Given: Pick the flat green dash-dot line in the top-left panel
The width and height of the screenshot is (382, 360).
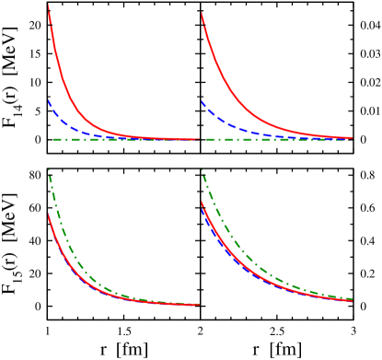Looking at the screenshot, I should (120, 139).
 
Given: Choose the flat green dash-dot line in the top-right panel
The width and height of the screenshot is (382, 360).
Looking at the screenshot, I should (276, 139).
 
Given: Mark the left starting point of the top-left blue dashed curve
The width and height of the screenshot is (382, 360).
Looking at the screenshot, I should (48, 99).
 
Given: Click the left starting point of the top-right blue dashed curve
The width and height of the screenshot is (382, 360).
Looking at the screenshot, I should (201, 100).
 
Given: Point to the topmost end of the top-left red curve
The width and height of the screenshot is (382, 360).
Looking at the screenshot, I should (48, 5).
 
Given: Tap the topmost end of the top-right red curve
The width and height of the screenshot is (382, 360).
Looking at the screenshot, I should (201, 12).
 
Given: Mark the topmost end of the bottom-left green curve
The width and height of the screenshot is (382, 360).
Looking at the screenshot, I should (48, 169).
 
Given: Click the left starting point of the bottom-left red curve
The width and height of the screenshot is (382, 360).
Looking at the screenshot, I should (48, 215).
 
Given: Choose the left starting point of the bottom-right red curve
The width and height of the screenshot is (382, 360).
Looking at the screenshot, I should (201, 202).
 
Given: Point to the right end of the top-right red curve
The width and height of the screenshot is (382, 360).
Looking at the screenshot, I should (352, 138).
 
